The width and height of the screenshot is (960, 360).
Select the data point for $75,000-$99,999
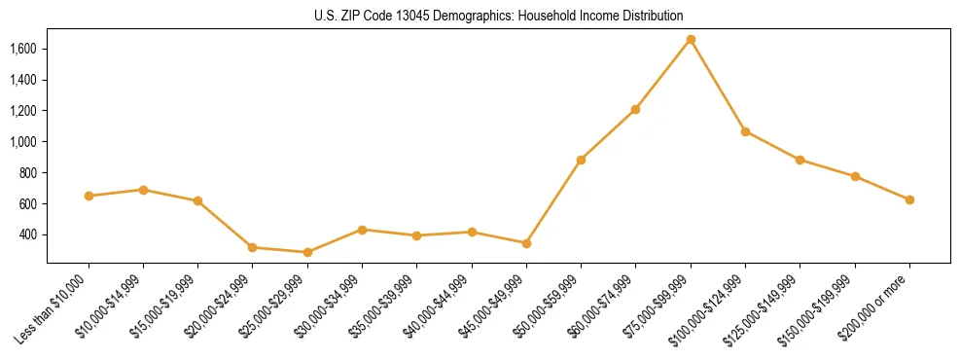691,39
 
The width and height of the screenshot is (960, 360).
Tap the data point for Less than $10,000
89,196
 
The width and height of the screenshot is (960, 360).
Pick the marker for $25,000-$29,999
307,252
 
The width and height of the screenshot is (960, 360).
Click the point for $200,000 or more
909,199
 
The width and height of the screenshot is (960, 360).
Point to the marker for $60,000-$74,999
635,109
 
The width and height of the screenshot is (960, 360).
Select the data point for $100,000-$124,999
745,131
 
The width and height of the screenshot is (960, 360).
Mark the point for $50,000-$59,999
581,160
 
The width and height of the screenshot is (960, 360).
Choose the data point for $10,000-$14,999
143,190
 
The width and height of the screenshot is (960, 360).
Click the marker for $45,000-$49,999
526,243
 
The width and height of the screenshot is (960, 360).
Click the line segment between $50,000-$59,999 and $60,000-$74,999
608,134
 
